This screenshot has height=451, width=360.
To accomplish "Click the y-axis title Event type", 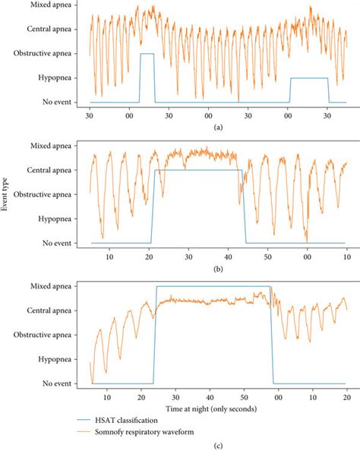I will (7, 194).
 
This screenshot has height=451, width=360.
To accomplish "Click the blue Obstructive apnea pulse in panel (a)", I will (147, 54).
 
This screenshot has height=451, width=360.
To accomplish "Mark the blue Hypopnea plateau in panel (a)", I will (309, 77).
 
